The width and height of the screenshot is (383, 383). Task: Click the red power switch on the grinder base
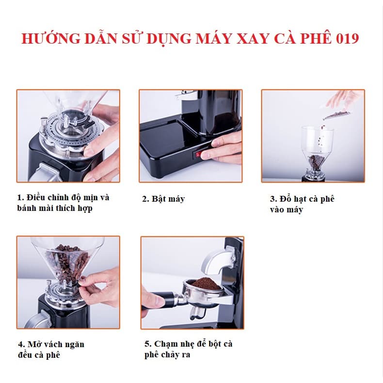(x=198, y=154)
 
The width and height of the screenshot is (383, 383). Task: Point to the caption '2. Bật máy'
(x=163, y=199)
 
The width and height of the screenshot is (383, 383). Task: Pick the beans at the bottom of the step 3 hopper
(x=316, y=162)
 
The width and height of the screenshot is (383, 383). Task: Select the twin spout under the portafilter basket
(x=197, y=313)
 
